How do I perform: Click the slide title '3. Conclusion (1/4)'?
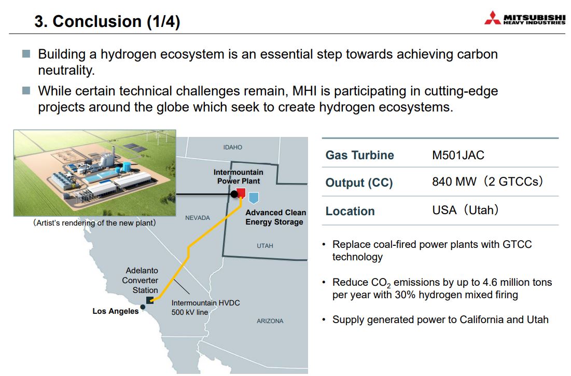coord(107,21)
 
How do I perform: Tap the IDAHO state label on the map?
coord(232,147)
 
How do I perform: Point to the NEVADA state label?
coord(197,218)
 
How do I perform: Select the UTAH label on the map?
coord(264,246)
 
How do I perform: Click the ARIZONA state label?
coord(270,321)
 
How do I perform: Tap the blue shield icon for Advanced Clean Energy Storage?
coord(254,197)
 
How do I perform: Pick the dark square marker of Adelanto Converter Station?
coord(150,300)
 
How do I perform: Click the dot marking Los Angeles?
coord(143,307)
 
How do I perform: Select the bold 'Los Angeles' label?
coord(116,311)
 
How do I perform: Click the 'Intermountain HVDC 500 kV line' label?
coord(205,308)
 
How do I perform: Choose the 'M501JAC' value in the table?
coord(458,155)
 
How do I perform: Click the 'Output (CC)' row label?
coord(359,183)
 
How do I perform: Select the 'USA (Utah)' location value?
coord(465,210)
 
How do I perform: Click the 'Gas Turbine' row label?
coord(359,155)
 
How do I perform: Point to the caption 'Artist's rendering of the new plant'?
coord(94,223)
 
